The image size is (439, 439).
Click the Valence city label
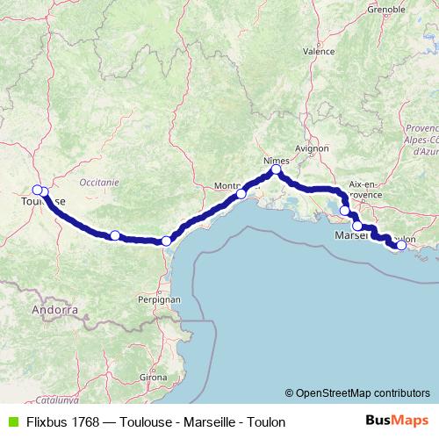[319, 52]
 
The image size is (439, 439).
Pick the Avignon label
[312, 149]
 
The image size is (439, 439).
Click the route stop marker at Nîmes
[276, 170]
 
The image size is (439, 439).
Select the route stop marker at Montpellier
[241, 193]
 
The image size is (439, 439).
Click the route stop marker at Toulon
[401, 246]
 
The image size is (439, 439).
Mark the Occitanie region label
[98, 182]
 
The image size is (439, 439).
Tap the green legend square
[10, 421]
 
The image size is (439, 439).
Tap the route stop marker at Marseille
[357, 226]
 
